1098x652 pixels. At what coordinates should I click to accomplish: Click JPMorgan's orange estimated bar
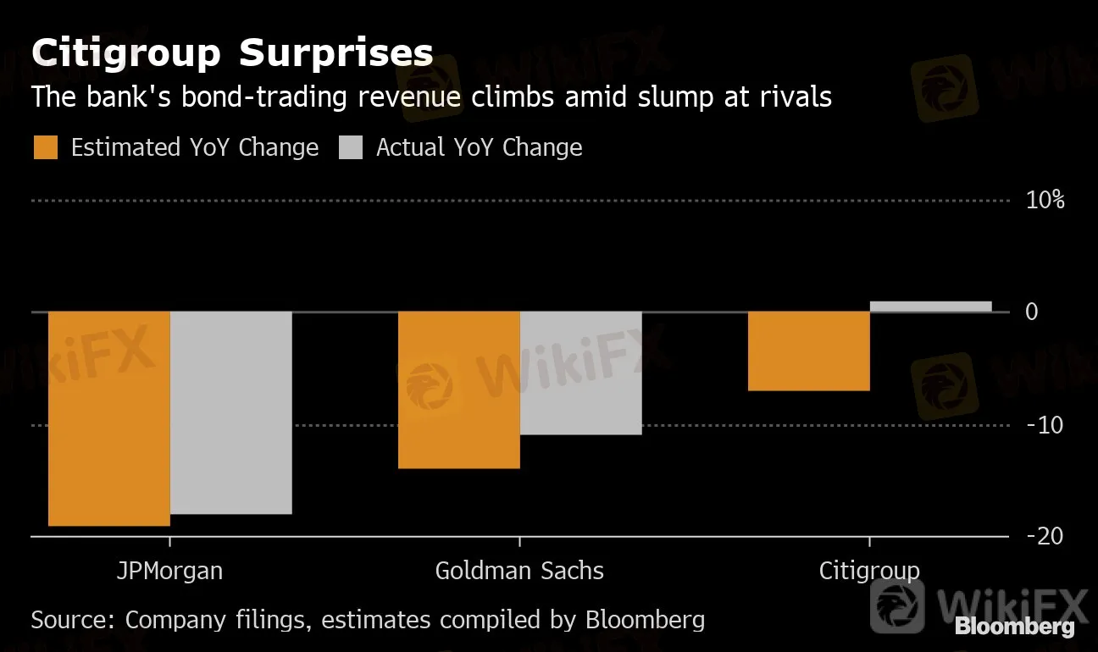(x=109, y=418)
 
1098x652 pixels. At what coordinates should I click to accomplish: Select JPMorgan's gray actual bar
(x=231, y=412)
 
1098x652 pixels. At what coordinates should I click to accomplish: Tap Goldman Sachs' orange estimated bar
(x=459, y=390)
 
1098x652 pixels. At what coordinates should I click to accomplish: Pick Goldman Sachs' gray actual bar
(x=581, y=373)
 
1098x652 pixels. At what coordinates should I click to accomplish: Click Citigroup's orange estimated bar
(x=809, y=351)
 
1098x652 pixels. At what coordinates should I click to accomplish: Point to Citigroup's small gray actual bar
(x=930, y=307)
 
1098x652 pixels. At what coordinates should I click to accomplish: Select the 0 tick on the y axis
(x=1031, y=312)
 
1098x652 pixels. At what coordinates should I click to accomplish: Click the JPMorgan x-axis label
(x=169, y=571)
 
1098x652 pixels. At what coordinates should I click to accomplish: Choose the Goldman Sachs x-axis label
(x=519, y=571)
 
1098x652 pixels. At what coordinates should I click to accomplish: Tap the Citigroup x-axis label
(x=869, y=571)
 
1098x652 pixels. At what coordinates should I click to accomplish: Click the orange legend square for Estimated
(x=46, y=147)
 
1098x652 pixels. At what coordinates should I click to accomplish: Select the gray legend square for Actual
(x=351, y=147)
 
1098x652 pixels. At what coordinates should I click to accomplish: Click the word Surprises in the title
(x=335, y=53)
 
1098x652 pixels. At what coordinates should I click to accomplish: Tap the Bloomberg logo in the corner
(x=1014, y=627)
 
